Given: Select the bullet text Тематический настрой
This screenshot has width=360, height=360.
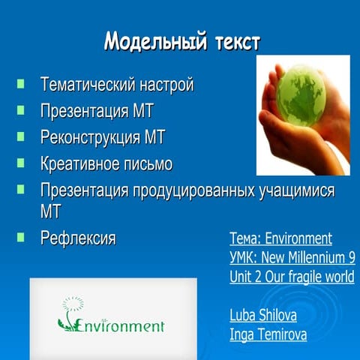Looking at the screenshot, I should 116,84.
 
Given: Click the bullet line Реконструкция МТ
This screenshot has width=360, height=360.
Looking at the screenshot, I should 102,137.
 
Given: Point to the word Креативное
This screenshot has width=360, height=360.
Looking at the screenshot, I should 79,163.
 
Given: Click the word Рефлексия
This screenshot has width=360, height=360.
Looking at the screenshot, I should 77,238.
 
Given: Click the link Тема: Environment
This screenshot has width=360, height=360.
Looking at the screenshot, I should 280,238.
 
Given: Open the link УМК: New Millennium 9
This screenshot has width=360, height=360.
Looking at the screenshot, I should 292,258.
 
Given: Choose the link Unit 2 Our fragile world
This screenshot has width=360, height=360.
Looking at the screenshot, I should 292,277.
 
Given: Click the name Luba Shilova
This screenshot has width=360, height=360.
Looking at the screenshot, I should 263,315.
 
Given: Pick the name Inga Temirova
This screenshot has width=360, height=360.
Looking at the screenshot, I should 268,334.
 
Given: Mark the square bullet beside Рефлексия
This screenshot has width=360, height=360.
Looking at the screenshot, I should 21,238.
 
